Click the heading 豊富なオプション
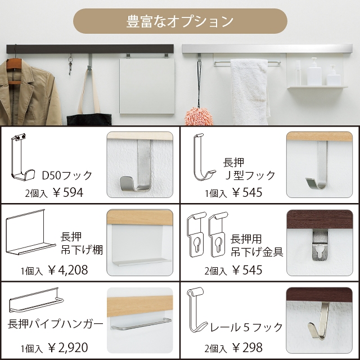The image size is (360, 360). pyautogui.click(x=180, y=21)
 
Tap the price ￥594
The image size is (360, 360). pyautogui.click(x=67, y=192)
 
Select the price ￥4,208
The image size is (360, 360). pyautogui.click(x=68, y=270)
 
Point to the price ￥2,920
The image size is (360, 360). pyautogui.click(x=68, y=348)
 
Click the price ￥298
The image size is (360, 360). pyautogui.click(x=247, y=348)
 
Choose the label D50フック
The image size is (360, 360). pyautogui.click(x=67, y=175)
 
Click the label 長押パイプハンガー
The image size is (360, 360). pyautogui.click(x=55, y=324)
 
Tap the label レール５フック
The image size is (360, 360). pyautogui.click(x=246, y=327)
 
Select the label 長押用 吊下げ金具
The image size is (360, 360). pyautogui.click(x=256, y=245)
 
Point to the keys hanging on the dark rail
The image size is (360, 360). pyautogui.click(x=70, y=65)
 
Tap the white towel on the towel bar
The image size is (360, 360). pyautogui.click(x=250, y=91)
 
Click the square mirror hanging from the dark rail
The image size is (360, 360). pyautogui.click(x=147, y=86)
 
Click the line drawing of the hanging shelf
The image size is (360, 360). pyautogui.click(x=30, y=232)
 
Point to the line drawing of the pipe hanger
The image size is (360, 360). pyautogui.click(x=36, y=300)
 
